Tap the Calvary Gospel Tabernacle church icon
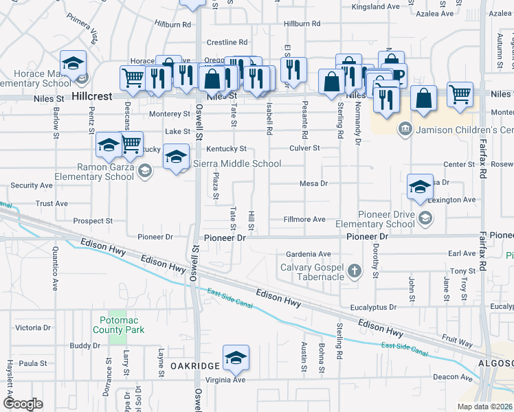(x=355, y=271)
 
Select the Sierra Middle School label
(x=238, y=163)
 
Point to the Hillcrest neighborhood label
(x=91, y=97)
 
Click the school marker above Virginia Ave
(x=236, y=358)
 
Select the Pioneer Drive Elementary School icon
(x=425, y=218)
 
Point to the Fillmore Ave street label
(x=304, y=220)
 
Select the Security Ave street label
(x=32, y=185)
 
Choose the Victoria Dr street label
(x=33, y=328)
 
